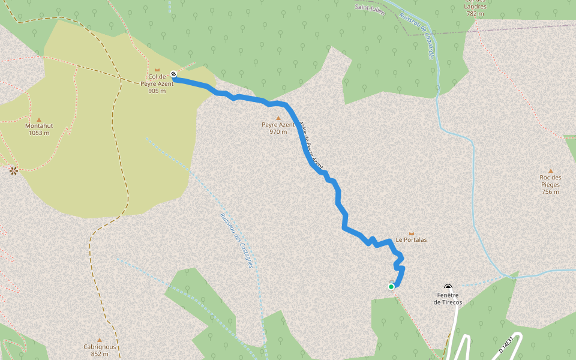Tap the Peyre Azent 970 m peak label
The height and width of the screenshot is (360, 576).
[278, 128]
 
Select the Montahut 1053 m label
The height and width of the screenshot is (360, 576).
[39, 129]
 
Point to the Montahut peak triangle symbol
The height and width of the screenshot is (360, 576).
[39, 119]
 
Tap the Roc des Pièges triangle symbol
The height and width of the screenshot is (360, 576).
[550, 170]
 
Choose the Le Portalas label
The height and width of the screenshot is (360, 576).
[411, 239]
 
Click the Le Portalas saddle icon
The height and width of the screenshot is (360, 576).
[411, 233]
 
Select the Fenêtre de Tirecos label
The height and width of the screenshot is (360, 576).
[448, 298]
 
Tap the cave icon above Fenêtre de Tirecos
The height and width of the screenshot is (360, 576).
[448, 287]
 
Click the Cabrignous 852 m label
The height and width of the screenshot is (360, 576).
[100, 350]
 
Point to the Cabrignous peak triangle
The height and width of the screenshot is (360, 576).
[100, 340]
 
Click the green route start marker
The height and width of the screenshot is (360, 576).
[391, 287]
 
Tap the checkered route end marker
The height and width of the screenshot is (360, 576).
[173, 74]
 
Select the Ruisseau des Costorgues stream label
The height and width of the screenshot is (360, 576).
[236, 241]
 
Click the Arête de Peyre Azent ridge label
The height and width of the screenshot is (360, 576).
[311, 143]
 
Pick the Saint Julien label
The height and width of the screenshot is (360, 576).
[370, 7]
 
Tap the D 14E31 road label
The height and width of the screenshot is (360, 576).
[508, 344]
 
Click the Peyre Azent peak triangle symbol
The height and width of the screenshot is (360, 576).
[278, 118]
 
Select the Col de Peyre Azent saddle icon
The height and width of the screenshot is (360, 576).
[157, 70]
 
